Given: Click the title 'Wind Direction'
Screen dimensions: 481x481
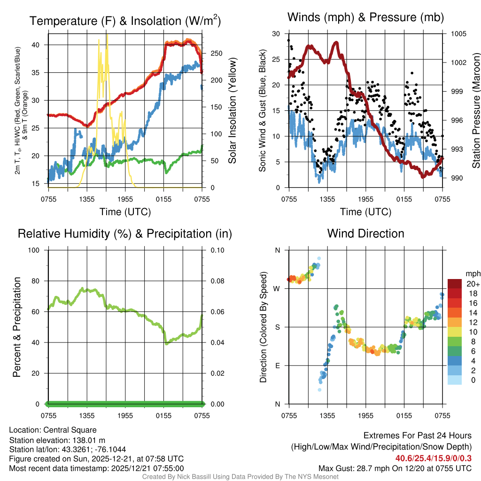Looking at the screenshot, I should (365, 233).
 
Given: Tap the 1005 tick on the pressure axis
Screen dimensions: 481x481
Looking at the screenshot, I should (458, 34).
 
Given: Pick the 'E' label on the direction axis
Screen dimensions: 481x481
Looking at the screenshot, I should (277, 365).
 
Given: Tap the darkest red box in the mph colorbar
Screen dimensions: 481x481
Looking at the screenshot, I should (455, 284).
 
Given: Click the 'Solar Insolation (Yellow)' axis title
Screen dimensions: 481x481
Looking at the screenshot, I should (232, 110).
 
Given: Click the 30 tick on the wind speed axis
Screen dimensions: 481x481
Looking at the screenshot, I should (276, 34).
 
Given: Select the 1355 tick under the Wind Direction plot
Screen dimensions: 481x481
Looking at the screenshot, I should (327, 415).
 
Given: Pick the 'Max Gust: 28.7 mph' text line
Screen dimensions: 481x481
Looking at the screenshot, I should (395, 468).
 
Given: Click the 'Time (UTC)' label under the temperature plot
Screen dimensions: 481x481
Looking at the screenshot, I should (125, 212).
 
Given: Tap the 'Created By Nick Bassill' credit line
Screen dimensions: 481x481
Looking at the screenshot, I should (240, 477).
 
